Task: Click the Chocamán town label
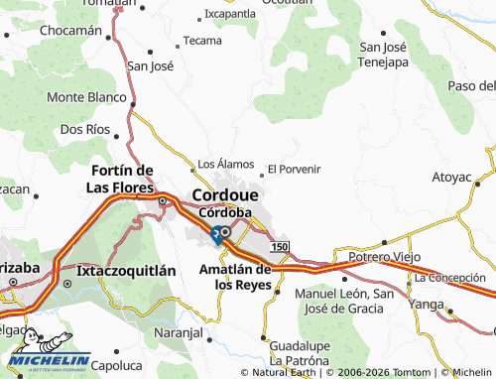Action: pyautogui.click(x=70, y=30)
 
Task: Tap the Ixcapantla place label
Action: pyautogui.click(x=229, y=14)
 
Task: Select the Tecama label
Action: pyautogui.click(x=202, y=41)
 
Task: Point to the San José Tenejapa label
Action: pyautogui.click(x=383, y=54)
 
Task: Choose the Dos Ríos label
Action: pyautogui.click(x=84, y=129)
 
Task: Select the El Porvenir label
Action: pyautogui.click(x=294, y=169)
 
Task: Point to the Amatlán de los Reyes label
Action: pyautogui.click(x=236, y=276)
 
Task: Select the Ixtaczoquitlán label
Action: pyautogui.click(x=126, y=269)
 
